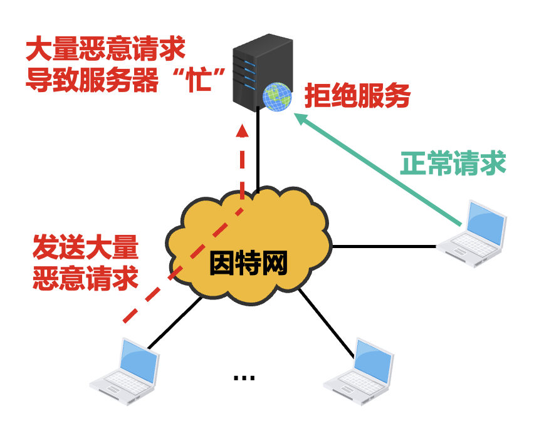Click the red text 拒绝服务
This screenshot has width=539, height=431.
coord(357,96)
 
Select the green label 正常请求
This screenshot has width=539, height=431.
coord(453,164)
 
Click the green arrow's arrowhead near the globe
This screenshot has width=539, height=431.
coord(302,118)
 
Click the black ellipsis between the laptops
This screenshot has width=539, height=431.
coord(244,377)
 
